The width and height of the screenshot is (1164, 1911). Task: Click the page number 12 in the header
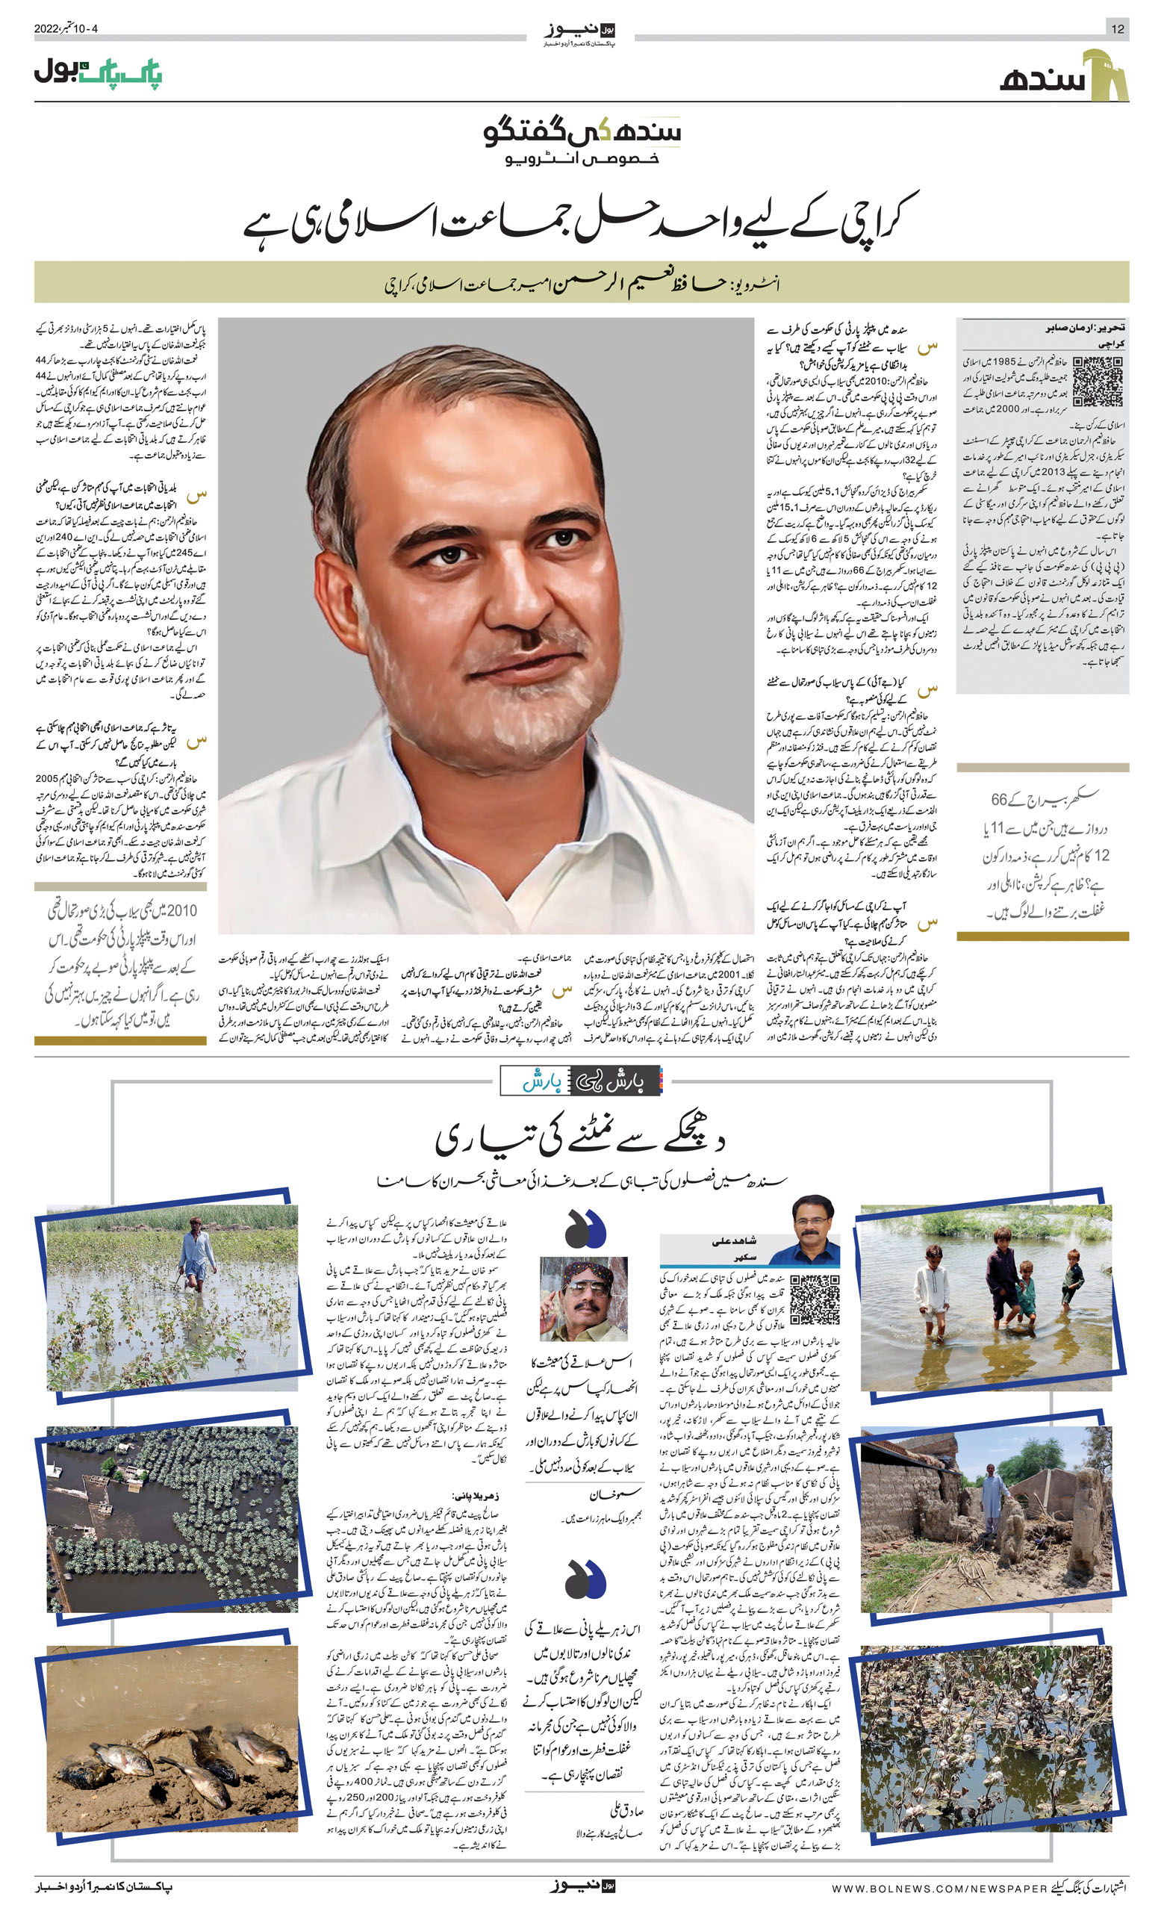(1118, 28)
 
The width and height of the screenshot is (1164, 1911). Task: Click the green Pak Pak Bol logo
(98, 74)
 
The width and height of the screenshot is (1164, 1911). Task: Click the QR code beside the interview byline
(1098, 382)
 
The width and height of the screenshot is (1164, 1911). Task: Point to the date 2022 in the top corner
(46, 28)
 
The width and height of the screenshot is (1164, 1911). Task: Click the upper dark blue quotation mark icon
(585, 1226)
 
